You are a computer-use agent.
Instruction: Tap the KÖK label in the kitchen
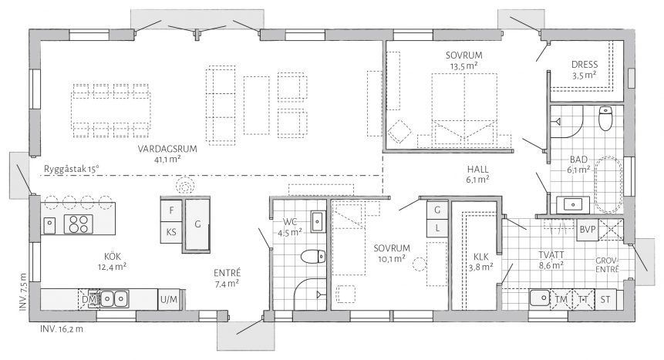pyautogui.click(x=113, y=256)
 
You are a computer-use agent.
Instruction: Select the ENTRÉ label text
pyautogui.click(x=228, y=273)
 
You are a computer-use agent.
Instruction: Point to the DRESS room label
pyautogui.click(x=585, y=65)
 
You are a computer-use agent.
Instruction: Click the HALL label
pyautogui.click(x=478, y=170)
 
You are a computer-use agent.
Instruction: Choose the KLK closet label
pyautogui.click(x=481, y=257)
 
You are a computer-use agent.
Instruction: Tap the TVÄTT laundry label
pyautogui.click(x=551, y=255)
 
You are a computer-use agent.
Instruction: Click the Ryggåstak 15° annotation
pyautogui.click(x=71, y=170)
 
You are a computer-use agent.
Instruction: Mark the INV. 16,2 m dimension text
pyautogui.click(x=62, y=328)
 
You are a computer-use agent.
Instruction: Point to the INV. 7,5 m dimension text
pyautogui.click(x=23, y=292)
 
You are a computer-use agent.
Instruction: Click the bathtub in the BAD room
pyautogui.click(x=608, y=185)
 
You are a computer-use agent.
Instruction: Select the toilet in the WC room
pyautogui.click(x=313, y=257)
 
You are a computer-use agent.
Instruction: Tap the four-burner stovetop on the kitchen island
pyautogui.click(x=79, y=224)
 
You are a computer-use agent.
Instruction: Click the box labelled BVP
pyautogui.click(x=588, y=230)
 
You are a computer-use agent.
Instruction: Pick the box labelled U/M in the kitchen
pyautogui.click(x=170, y=300)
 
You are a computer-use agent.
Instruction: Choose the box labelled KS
pyautogui.click(x=171, y=232)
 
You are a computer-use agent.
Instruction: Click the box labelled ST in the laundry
pyautogui.click(x=605, y=299)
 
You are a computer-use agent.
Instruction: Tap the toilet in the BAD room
pyautogui.click(x=605, y=119)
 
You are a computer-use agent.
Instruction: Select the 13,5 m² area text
pyautogui.click(x=464, y=66)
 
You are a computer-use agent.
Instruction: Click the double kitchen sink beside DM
pyautogui.click(x=114, y=299)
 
